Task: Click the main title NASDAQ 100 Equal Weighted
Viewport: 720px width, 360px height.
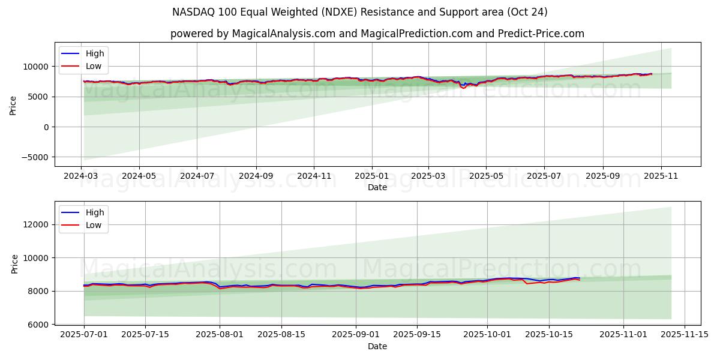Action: click(x=359, y=12)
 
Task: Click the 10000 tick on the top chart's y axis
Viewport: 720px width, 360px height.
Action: click(x=35, y=67)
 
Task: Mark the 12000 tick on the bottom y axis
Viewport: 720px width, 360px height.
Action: click(x=35, y=224)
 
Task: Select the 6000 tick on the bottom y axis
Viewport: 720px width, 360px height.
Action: click(x=37, y=325)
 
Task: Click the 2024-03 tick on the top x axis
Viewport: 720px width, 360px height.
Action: click(x=82, y=176)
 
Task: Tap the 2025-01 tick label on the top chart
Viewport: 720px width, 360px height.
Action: click(x=371, y=176)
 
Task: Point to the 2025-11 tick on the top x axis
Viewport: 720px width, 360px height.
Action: click(x=661, y=176)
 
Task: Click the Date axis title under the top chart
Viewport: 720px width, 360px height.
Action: click(x=377, y=187)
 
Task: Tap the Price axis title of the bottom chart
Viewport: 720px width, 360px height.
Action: click(x=15, y=264)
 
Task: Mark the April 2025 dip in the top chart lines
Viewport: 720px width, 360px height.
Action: click(x=463, y=88)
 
